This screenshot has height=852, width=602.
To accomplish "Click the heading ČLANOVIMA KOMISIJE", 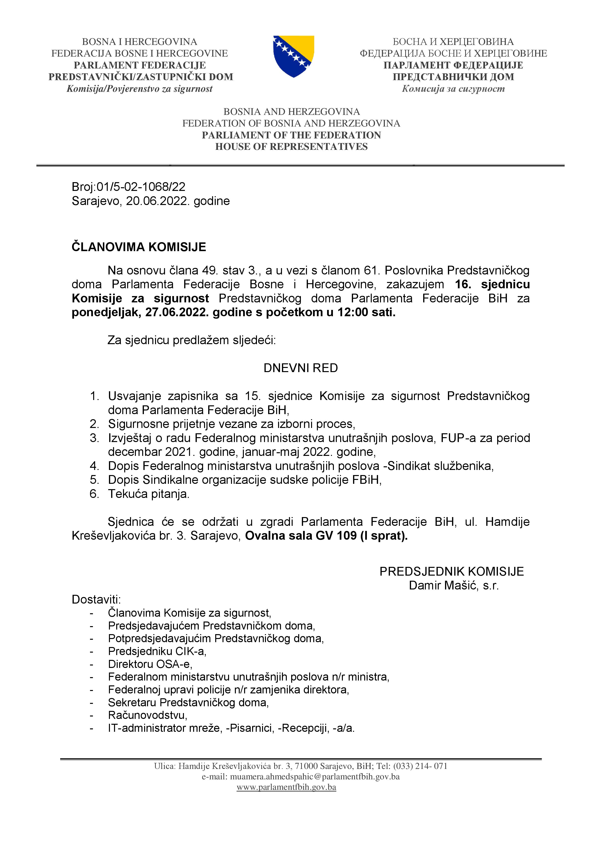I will tap(139, 247).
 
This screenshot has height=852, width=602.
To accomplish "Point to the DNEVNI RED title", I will tap(301, 368).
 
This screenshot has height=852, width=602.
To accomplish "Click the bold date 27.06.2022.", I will tap(177, 312).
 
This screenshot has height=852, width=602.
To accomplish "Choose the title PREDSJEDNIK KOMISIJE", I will tap(452, 571).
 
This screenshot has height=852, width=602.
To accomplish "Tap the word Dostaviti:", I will tap(96, 599).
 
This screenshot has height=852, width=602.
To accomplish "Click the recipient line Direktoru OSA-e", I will tap(150, 664).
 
